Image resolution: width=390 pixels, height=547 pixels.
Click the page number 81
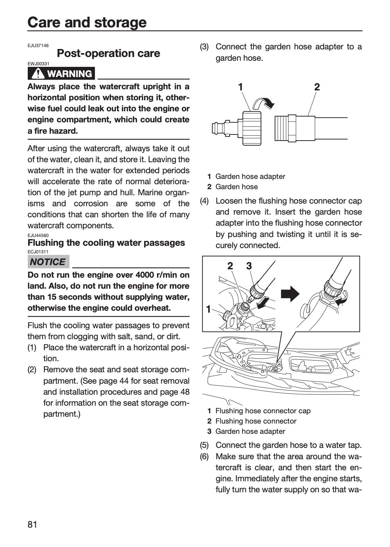[x=32, y=524]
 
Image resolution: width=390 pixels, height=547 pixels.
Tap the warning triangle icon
[x=38, y=74]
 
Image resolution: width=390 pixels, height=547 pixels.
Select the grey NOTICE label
[x=48, y=261]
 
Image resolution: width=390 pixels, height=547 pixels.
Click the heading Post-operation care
[x=108, y=53]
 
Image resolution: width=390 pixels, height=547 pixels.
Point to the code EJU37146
[x=38, y=46]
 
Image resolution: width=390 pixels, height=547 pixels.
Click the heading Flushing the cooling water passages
[x=106, y=243]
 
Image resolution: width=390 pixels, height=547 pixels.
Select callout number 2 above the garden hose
[x=317, y=87]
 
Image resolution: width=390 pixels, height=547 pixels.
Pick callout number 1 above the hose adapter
[x=241, y=87]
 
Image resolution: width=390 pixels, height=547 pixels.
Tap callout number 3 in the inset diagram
[x=249, y=266]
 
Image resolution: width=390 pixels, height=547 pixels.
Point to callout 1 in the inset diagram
[x=208, y=309]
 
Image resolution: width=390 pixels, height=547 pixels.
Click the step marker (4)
[x=204, y=201]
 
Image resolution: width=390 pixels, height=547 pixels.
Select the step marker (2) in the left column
[x=32, y=370]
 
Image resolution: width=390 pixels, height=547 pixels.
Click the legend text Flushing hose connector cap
[x=263, y=411]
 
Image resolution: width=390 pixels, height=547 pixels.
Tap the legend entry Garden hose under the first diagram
[x=236, y=187]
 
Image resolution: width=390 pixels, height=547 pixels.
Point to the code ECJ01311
[x=38, y=252]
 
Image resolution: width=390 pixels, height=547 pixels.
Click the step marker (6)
[x=204, y=457]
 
